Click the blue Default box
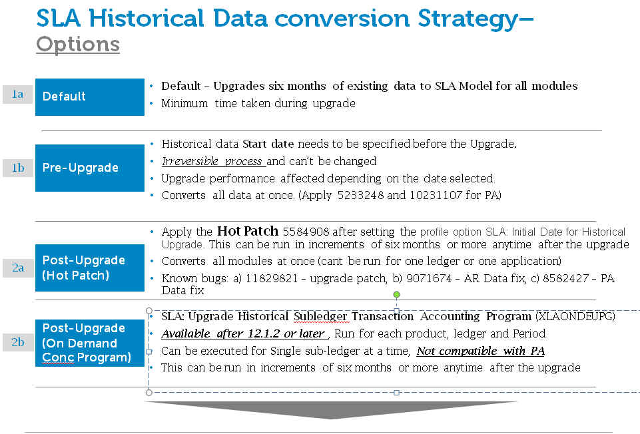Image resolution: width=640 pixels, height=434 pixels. pyautogui.click(x=90, y=97)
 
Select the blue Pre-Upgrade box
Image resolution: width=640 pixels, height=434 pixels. pyautogui.click(x=90, y=168)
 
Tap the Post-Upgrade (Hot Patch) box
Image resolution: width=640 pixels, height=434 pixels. pyautogui.click(x=90, y=268)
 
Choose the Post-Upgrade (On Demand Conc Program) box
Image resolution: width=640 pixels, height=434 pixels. pyautogui.click(x=90, y=343)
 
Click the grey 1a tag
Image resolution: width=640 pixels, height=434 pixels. pyautogui.click(x=17, y=95)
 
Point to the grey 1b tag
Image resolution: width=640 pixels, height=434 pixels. pyautogui.click(x=17, y=168)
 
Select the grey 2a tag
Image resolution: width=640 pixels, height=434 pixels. pyautogui.click(x=17, y=268)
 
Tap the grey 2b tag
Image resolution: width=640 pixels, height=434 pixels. pyautogui.click(x=17, y=342)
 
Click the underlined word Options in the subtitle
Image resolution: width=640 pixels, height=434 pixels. pyautogui.click(x=78, y=45)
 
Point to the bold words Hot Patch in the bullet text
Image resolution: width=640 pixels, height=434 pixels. pyautogui.click(x=247, y=231)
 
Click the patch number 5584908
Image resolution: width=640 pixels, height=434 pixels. pyautogui.click(x=306, y=232)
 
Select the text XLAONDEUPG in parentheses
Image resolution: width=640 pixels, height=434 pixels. pyautogui.click(x=575, y=317)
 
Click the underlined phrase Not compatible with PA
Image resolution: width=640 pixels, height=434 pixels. pyautogui.click(x=480, y=351)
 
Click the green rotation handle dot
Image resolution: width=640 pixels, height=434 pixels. pyautogui.click(x=396, y=294)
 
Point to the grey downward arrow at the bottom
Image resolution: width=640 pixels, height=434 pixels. pyautogui.click(x=331, y=409)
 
